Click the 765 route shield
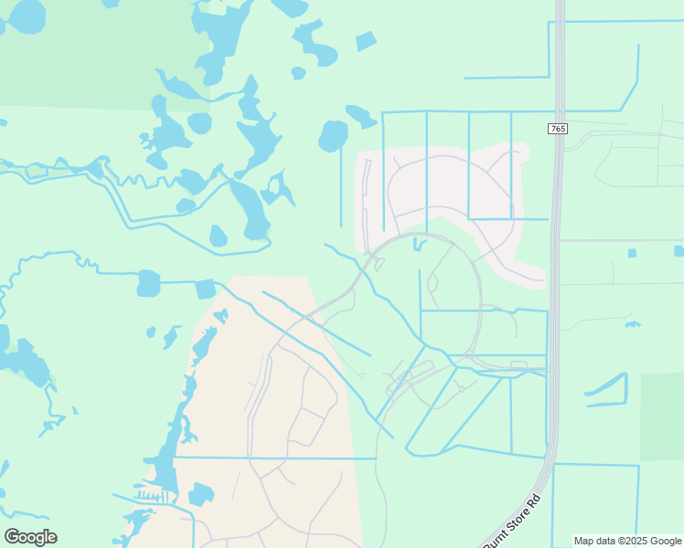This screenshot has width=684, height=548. (x=558, y=129)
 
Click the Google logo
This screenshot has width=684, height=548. (x=30, y=537)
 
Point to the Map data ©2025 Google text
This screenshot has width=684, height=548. (x=626, y=541)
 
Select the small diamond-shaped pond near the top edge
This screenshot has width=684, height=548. (x=366, y=40)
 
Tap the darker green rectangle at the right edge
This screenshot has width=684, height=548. (x=662, y=416)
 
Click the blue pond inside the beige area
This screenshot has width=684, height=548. (x=200, y=494)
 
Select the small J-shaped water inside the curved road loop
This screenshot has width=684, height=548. (x=418, y=244)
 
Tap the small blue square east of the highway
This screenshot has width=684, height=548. (x=632, y=253)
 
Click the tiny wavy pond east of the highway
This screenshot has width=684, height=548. (x=632, y=323)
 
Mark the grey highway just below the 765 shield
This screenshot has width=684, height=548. (x=556, y=174)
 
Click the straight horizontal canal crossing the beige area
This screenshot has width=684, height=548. (x=274, y=458)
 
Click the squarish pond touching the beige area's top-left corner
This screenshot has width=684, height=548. (x=205, y=290)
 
